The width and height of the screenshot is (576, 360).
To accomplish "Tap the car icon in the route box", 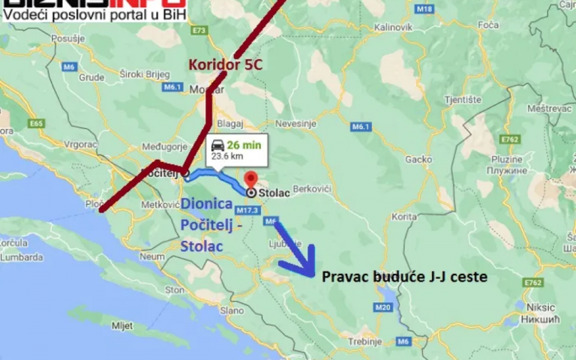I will [217, 145].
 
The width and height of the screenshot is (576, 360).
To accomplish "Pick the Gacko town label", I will [418, 159].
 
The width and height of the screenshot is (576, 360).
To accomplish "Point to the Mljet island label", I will [121, 325].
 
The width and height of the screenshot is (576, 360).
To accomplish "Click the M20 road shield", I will [383, 307].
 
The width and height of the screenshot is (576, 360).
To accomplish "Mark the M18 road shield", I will [426, 8].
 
